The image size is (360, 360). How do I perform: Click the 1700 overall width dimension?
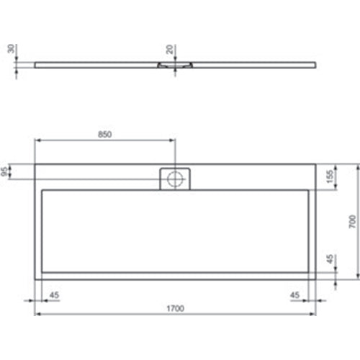176,309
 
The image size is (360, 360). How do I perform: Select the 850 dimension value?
105,134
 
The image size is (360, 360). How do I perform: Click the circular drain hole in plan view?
174,179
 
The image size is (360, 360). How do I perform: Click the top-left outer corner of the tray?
35,163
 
